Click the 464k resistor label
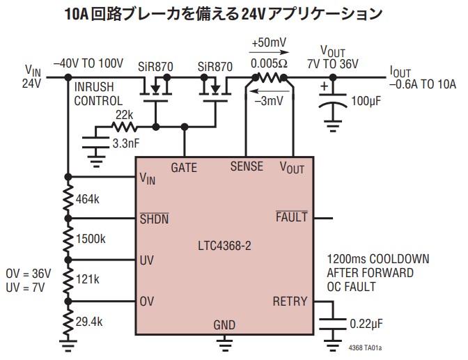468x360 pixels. [x=88, y=201]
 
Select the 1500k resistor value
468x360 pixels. [x=91, y=239]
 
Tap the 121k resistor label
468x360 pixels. [x=88, y=279]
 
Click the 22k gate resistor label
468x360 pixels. [x=125, y=115]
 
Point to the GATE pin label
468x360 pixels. [x=184, y=168]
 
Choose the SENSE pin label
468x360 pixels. [x=247, y=166]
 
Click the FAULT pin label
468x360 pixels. [x=291, y=217]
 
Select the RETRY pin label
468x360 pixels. [x=289, y=302]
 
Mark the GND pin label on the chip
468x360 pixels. [x=224, y=324]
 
